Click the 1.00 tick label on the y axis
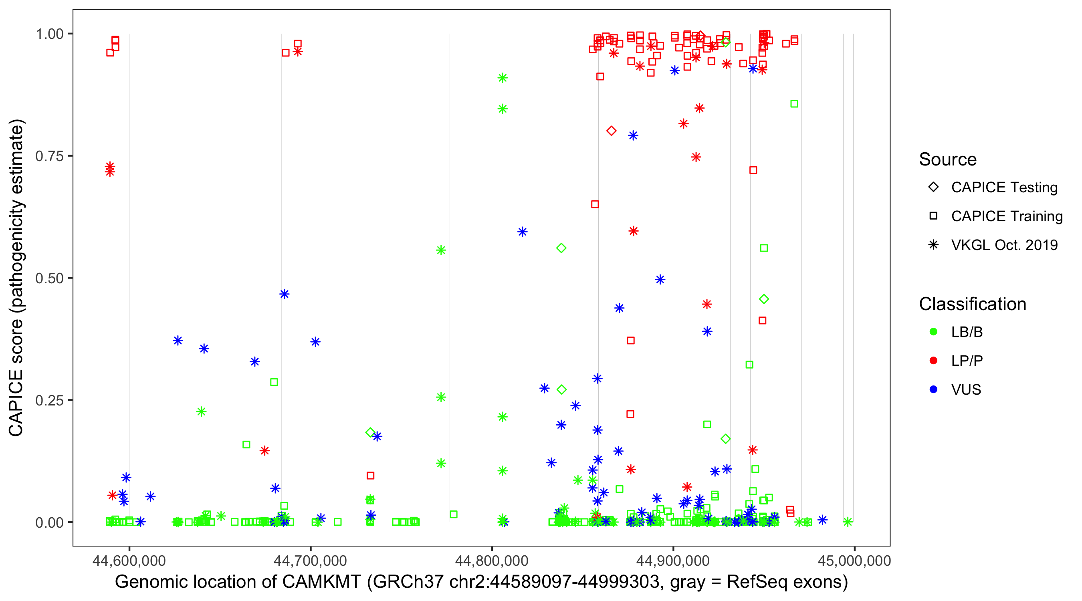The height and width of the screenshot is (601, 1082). click(49, 34)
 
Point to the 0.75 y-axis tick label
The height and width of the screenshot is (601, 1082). click(49, 156)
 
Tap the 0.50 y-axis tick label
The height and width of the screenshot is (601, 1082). click(49, 278)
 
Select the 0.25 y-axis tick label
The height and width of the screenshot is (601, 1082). click(49, 400)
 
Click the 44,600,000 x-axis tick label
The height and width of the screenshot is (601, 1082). click(129, 560)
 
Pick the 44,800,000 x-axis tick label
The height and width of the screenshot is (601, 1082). click(492, 560)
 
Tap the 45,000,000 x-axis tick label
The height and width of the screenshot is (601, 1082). click(854, 560)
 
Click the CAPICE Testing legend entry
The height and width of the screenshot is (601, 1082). click(1004, 188)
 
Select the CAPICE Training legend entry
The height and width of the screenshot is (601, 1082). click(1006, 216)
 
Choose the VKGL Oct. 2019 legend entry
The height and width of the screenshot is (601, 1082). click(1004, 245)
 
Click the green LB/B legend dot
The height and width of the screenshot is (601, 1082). click(933, 332)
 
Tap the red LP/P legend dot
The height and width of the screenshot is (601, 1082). click(933, 361)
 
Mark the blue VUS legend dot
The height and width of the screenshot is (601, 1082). click(933, 390)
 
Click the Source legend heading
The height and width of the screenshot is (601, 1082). click(948, 159)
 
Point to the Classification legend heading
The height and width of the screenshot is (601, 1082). click(972, 304)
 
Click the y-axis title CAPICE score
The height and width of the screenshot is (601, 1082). click(17, 278)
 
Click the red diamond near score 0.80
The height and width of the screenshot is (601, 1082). click(611, 131)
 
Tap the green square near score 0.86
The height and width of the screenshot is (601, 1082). click(794, 104)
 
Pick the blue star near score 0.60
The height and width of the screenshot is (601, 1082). click(522, 232)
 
